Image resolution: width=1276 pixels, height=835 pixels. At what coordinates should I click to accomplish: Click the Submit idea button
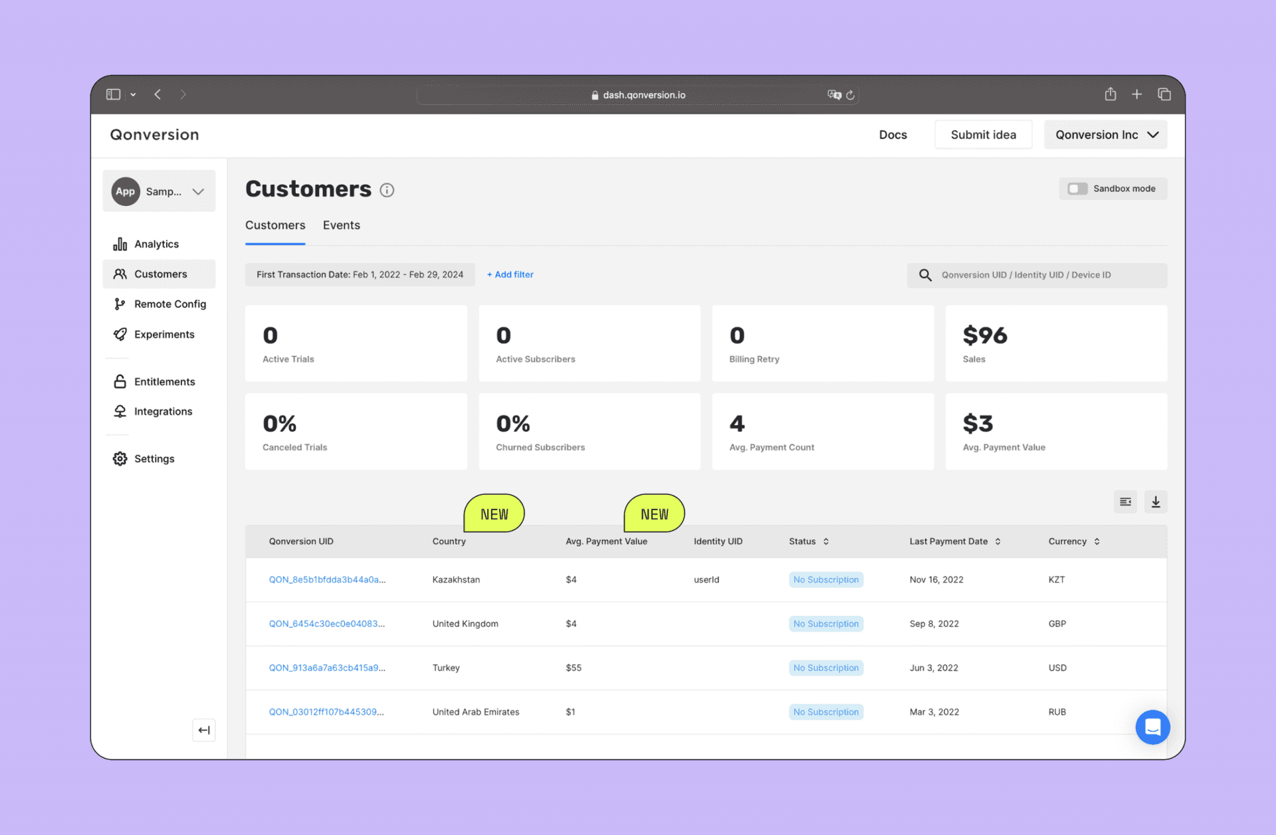983,135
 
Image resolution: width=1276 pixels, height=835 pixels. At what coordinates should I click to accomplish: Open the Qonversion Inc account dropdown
1105,135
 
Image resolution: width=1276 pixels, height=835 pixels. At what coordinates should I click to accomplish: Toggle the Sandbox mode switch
1077,189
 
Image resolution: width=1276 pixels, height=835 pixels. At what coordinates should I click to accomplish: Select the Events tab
341,225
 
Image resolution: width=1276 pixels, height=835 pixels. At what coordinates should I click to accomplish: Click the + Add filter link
510,274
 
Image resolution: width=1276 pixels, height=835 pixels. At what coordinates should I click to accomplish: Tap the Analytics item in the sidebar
156,244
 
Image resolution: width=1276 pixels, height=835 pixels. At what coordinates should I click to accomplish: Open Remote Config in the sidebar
169,304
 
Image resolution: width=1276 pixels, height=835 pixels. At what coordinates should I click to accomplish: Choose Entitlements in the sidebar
164,381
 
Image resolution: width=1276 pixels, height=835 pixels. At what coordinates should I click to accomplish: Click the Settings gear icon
120,458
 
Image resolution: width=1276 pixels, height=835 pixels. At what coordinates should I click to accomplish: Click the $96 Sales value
985,335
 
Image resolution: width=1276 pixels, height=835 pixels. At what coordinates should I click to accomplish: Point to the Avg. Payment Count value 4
737,424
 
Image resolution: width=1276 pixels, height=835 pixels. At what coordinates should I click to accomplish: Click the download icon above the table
1156,502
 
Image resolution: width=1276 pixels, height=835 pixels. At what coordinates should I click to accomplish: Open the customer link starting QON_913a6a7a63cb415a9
327,668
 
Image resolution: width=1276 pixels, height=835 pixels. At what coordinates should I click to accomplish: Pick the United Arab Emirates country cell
476,711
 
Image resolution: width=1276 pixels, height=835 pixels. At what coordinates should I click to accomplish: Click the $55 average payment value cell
574,668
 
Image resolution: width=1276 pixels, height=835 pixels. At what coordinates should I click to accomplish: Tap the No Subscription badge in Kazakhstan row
825,579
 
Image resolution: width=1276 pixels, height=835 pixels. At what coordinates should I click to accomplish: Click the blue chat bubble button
1152,727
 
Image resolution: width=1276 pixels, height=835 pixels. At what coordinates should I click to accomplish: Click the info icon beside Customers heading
387,191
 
